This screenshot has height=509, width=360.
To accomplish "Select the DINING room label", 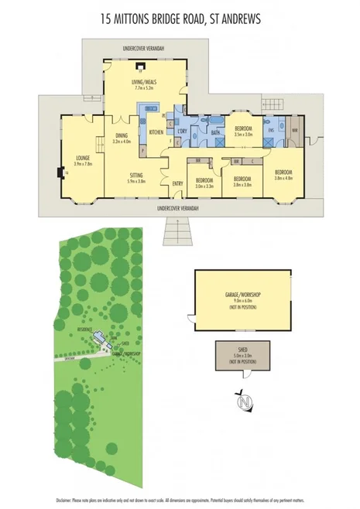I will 122,137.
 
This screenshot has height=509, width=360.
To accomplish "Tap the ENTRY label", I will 177,183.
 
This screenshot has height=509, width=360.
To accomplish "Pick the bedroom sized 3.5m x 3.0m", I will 244,128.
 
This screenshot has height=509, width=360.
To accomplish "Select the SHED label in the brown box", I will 242,354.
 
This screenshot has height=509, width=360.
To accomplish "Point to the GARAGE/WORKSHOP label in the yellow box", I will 243,295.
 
